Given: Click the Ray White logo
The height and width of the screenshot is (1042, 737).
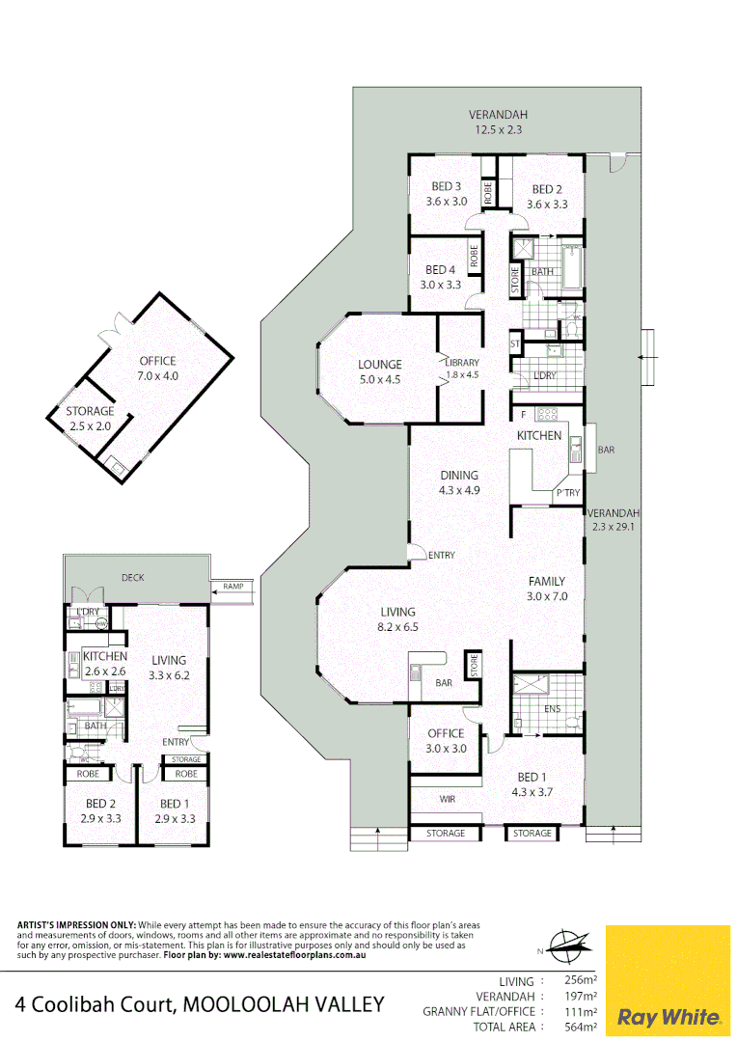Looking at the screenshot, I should (668, 1016).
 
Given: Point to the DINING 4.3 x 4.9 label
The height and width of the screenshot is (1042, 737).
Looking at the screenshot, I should (459, 482).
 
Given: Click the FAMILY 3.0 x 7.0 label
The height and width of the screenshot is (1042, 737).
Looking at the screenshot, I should (546, 589).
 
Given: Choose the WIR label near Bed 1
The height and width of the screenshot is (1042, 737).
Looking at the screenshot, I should (447, 799).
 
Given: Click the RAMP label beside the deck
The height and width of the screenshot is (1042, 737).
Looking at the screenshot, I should (232, 586).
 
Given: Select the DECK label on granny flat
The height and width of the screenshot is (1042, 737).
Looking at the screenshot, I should (132, 577).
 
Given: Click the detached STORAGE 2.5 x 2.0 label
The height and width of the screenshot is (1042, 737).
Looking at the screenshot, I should (90, 418).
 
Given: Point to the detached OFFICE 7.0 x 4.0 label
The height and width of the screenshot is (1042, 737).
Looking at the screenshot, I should (158, 369).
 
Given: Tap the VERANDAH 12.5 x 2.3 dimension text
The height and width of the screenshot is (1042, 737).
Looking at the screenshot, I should (498, 129).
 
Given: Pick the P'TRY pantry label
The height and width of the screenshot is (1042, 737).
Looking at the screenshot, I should (566, 493).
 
